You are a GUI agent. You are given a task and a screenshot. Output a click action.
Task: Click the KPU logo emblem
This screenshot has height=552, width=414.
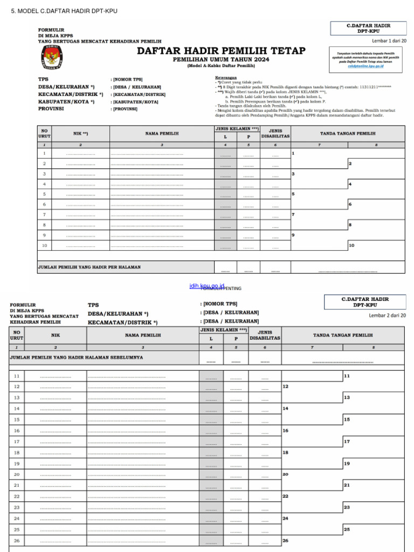[52, 57]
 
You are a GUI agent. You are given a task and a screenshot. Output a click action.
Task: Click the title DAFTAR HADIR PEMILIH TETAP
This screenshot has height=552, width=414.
[221, 51]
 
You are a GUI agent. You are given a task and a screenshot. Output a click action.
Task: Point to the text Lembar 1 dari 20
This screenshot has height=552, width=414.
[389, 41]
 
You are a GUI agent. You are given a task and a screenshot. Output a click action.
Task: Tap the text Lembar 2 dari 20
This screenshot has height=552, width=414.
[387, 315]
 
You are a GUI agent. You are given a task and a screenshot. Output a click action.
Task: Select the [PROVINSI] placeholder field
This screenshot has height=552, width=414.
[125, 109]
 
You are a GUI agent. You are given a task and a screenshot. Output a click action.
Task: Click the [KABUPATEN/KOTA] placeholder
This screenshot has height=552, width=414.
[135, 101]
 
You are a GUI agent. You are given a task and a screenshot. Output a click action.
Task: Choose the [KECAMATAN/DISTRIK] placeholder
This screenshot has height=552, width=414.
[139, 94]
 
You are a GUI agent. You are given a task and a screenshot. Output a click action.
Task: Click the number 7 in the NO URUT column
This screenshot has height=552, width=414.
[44, 215]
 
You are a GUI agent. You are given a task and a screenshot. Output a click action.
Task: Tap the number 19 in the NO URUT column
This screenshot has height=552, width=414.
[17, 464]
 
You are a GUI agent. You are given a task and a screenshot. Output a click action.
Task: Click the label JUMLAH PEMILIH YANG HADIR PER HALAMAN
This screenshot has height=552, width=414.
[89, 267]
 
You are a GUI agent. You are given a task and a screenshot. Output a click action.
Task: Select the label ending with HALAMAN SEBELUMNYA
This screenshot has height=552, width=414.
[77, 357]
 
